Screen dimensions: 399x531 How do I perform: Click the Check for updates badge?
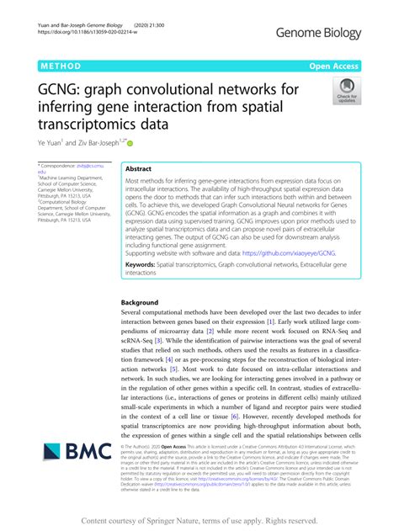coord(346,92)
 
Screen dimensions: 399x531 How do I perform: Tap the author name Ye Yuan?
coord(51,144)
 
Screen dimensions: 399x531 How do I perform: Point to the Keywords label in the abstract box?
coord(144,264)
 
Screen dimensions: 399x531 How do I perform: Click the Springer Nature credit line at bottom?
coord(199,519)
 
